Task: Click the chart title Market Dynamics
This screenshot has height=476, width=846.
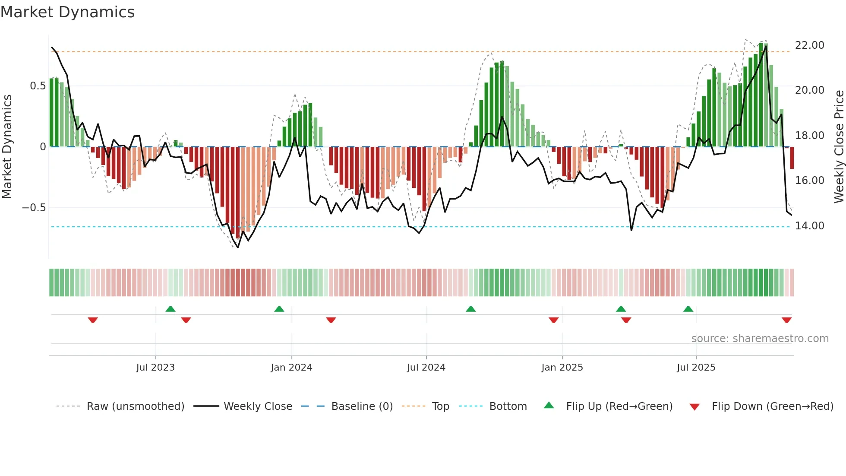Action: (x=67, y=12)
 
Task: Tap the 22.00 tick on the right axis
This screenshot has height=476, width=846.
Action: (x=809, y=45)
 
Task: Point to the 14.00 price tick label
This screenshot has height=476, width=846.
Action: (x=809, y=226)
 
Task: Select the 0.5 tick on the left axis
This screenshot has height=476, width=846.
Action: (x=38, y=86)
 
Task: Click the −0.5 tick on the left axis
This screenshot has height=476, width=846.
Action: (x=34, y=208)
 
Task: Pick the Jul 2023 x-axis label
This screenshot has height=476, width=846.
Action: (x=155, y=368)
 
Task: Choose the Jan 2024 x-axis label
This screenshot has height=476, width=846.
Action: (x=291, y=368)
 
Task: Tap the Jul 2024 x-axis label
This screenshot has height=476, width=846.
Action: (x=426, y=368)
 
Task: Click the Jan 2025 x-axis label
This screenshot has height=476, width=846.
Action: (x=562, y=368)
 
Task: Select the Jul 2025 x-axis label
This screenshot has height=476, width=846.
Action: (x=696, y=368)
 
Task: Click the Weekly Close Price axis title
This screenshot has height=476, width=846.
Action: (x=839, y=146)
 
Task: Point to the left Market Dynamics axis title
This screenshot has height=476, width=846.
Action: (x=7, y=146)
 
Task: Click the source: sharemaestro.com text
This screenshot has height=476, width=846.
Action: (x=760, y=339)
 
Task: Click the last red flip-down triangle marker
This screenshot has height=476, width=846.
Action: (x=786, y=320)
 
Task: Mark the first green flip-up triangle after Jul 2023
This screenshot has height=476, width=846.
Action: (x=170, y=309)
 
